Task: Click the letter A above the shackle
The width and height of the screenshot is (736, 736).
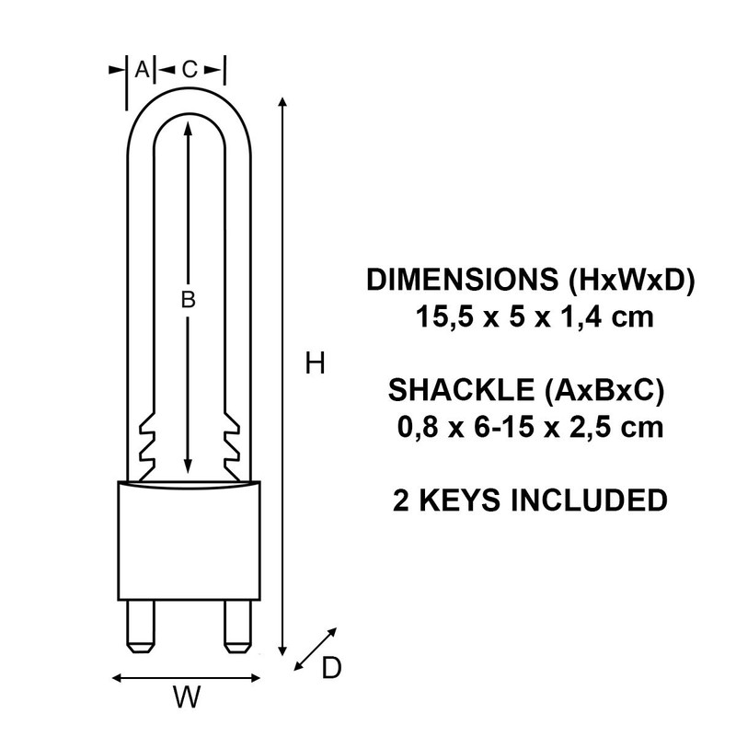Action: [141, 68]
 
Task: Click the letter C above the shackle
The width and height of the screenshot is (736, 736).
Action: [189, 68]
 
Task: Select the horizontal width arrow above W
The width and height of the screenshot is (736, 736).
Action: [187, 679]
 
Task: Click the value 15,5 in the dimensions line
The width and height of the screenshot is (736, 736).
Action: [434, 320]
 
